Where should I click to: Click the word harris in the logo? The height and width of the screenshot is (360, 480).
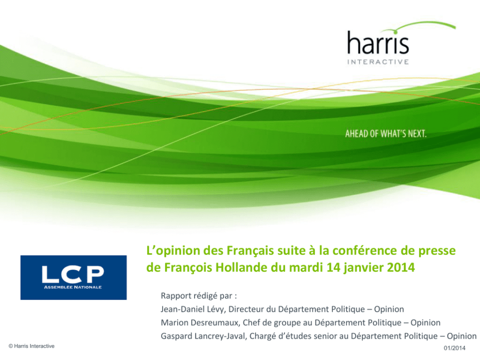coord(378,43)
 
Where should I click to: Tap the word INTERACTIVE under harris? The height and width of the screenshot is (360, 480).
coord(378,62)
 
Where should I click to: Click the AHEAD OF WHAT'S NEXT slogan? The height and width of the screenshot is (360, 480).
coord(386,134)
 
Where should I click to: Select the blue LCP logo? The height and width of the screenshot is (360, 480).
coord(74,277)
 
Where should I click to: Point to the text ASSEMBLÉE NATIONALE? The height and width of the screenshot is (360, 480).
coord(73,287)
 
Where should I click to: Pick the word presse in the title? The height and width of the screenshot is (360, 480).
coord(437,252)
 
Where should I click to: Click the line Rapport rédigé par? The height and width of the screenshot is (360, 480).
coord(199,296)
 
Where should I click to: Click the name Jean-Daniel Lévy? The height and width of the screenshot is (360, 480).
coord(193,309)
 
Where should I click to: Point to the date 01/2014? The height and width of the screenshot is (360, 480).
coord(454,348)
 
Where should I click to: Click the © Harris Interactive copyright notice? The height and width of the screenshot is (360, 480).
coord(31,346)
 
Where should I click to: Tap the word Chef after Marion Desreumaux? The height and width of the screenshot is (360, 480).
coord(251,323)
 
